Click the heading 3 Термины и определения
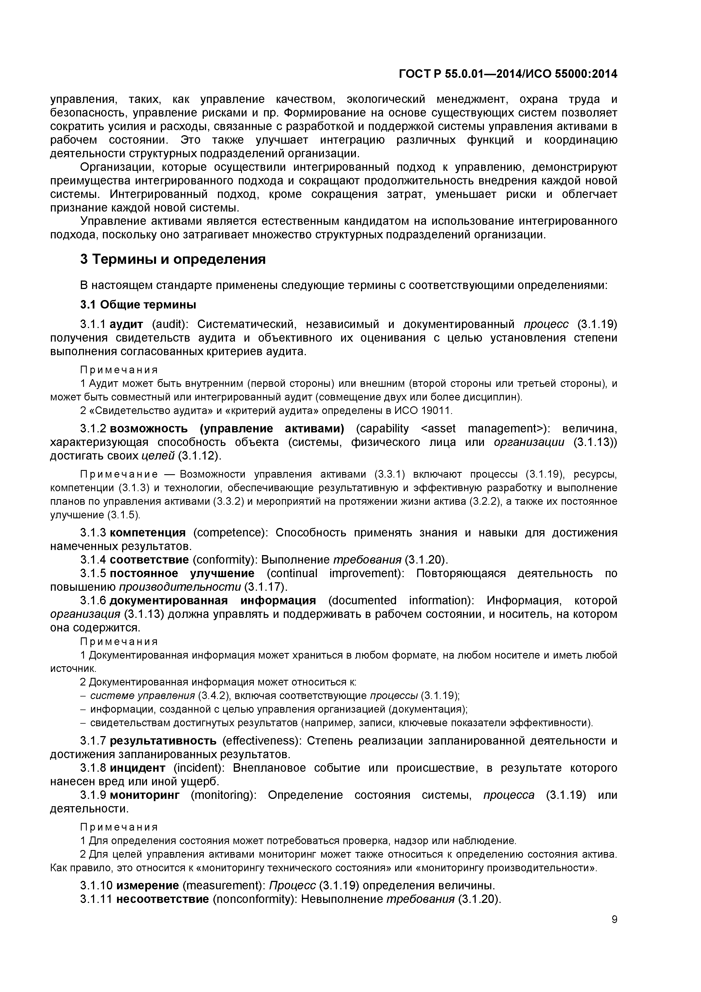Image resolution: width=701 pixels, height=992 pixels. (x=173, y=259)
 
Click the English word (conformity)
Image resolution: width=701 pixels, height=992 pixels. (x=225, y=560)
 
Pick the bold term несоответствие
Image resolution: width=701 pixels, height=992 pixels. (x=163, y=899)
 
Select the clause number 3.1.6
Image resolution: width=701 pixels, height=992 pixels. (x=93, y=601)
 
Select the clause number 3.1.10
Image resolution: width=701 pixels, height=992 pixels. (x=96, y=885)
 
